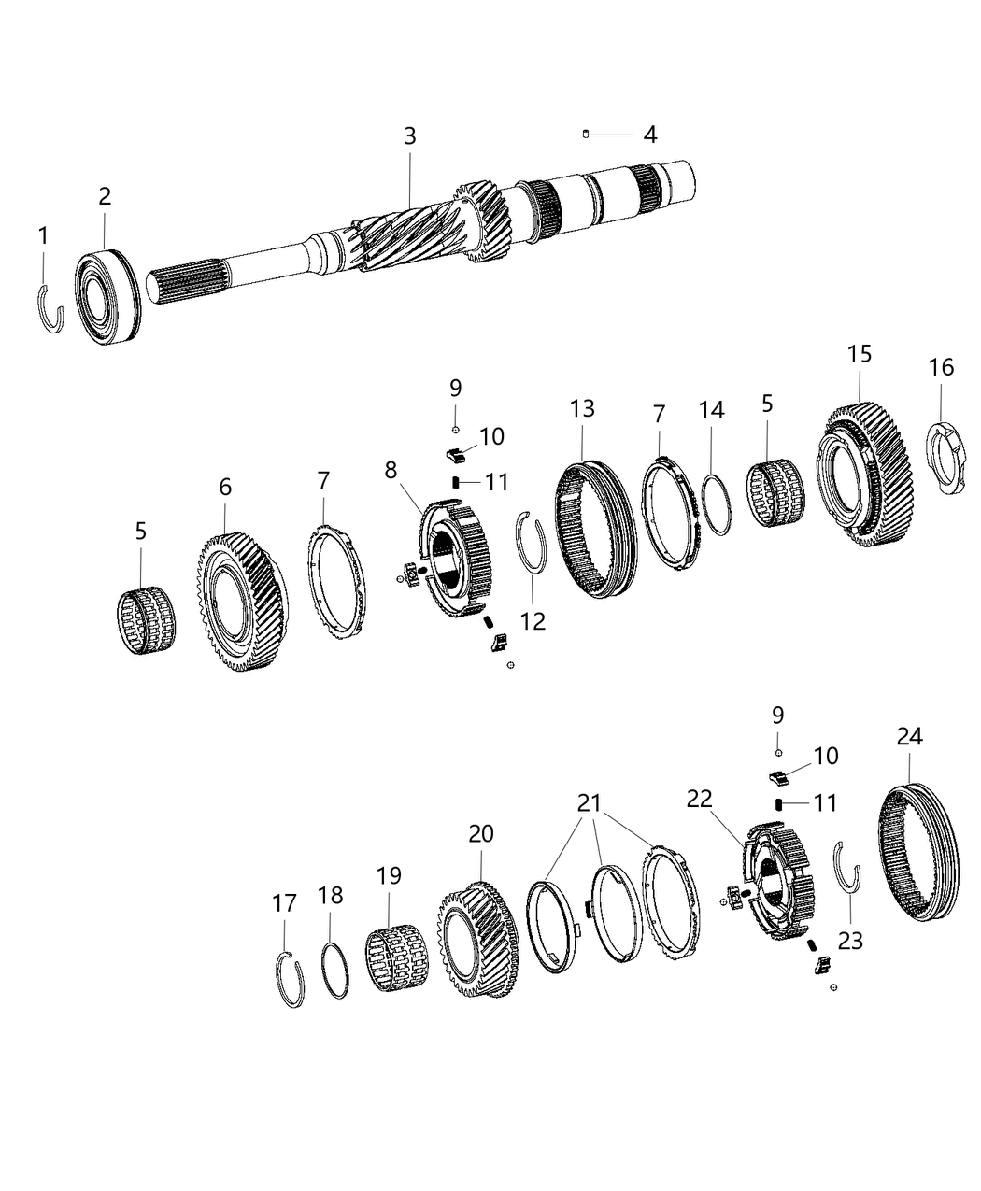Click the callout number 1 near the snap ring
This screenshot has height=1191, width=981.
coord(43,236)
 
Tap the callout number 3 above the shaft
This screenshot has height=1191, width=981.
coord(409,136)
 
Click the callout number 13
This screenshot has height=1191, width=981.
coord(582,408)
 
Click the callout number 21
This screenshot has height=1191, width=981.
coord(590,802)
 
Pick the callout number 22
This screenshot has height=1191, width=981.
coord(699,799)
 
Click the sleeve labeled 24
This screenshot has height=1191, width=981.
coord(918,851)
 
